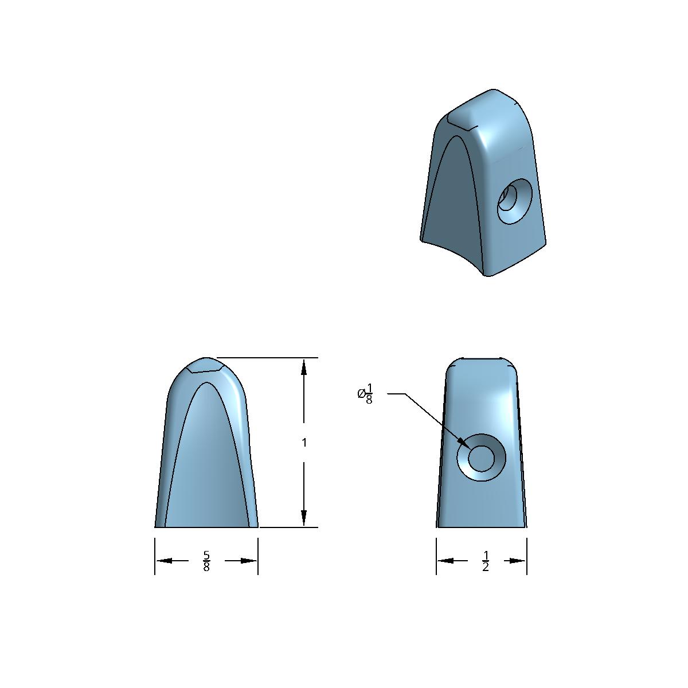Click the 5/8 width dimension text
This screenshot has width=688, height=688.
206,561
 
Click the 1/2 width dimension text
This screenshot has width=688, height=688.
486,561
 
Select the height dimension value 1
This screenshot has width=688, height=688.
304,443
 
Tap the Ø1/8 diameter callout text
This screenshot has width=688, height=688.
365,394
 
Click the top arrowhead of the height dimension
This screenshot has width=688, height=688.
304,367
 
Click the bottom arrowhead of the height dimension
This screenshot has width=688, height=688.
304,518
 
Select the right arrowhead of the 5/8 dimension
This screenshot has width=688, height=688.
249,561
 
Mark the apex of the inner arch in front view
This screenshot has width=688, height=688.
206,383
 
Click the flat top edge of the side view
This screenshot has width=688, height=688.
482,359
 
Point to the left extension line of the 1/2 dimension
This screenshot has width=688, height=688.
436,556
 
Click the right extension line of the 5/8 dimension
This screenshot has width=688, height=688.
258,556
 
